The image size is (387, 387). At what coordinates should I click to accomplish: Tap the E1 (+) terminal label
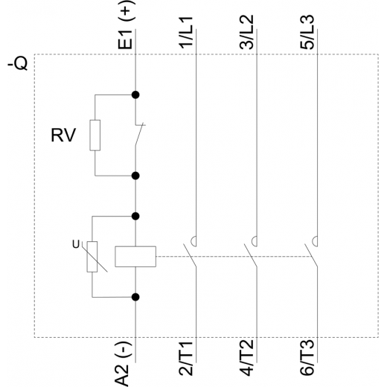126,25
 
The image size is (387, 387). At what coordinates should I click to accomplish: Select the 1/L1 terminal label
186,32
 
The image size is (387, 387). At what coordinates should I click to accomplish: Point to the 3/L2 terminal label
246,32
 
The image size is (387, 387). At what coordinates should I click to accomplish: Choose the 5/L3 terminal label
307,32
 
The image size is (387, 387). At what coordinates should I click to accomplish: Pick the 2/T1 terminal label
186,359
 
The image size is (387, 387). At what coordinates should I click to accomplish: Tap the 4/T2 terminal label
246,358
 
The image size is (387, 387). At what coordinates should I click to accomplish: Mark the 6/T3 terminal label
307,358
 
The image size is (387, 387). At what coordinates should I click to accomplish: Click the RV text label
63,135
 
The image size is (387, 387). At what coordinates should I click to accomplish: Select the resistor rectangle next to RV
95,135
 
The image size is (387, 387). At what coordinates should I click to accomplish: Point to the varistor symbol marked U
92,257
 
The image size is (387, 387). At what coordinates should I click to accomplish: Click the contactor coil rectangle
135,257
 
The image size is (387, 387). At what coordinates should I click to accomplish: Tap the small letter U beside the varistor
76,245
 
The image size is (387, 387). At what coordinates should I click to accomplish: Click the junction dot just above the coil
135,217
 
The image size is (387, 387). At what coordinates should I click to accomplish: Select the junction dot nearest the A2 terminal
135,297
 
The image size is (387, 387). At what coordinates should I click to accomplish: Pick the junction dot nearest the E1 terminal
135,95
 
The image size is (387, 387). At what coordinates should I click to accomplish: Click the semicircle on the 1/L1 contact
193,241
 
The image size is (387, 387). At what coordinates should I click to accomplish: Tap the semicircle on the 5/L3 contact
315,241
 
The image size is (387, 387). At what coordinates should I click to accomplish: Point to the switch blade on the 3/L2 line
251,255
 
